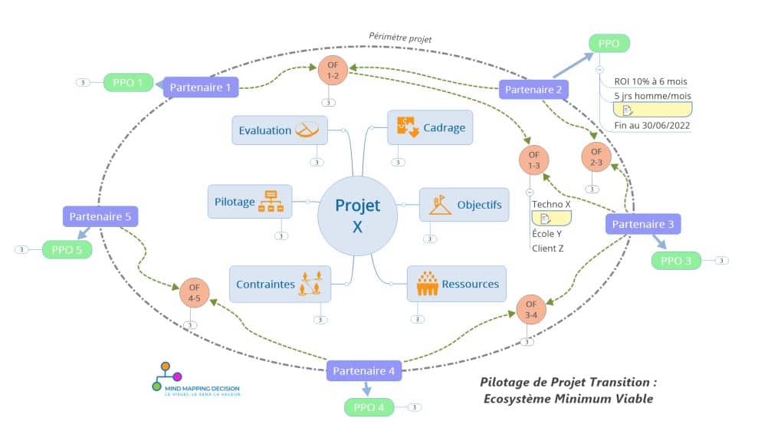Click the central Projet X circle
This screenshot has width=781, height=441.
(357, 216)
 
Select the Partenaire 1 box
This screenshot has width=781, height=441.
(200, 87)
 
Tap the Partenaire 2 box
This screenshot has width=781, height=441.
(533, 90)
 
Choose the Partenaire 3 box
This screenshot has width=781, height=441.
(643, 224)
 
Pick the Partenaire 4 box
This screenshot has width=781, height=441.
(364, 371)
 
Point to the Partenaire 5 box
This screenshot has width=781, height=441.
(100, 216)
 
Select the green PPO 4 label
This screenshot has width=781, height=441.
(370, 407)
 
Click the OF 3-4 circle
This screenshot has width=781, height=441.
(531, 309)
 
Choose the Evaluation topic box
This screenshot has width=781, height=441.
(280, 130)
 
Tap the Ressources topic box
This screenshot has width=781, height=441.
(457, 284)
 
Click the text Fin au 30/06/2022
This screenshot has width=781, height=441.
(652, 126)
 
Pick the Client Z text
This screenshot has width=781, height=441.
(548, 248)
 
